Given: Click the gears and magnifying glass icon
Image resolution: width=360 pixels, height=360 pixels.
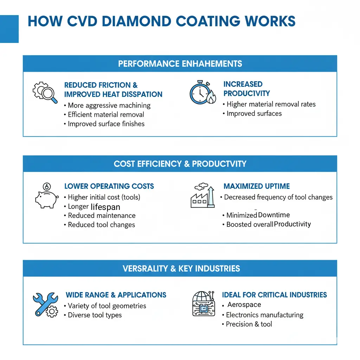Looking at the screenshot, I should tap(45, 92).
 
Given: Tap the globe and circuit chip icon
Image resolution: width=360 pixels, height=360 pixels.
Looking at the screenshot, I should tap(203, 303).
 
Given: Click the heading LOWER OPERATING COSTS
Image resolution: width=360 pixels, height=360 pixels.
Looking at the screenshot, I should tap(109, 186).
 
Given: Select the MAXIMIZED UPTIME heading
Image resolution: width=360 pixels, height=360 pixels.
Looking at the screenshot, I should tap(257, 186).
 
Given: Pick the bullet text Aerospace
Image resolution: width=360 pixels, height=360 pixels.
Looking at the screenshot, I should tap(244, 305).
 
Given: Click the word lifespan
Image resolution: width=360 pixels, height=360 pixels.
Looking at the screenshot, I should tap(105, 207).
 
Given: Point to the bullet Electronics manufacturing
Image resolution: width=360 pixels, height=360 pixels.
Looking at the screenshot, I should tap(264, 315).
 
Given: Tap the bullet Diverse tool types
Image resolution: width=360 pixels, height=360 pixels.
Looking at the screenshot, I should tap(95, 315).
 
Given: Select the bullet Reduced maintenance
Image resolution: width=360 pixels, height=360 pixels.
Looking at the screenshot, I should tap(101, 216).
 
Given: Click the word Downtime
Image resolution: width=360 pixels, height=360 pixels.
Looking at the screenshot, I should tap(274, 215).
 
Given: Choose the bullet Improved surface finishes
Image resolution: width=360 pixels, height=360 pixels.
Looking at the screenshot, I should tap(106, 124).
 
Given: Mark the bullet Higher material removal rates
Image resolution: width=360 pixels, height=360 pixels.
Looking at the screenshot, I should tap(271, 104).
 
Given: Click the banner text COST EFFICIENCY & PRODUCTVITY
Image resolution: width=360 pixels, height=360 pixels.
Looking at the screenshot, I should tap(180, 164).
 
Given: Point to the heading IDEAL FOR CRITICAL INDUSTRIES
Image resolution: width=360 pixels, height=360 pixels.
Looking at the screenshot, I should tap(274, 295).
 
